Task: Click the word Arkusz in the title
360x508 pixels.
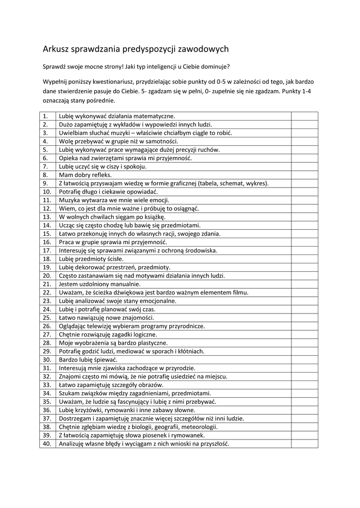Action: [x=56, y=49]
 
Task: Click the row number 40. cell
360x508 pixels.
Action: [x=47, y=444]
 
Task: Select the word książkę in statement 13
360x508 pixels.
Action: [x=154, y=217]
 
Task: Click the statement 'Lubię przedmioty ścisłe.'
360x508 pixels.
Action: [x=91, y=259]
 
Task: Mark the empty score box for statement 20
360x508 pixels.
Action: [x=304, y=276]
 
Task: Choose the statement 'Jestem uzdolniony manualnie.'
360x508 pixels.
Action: [x=99, y=284]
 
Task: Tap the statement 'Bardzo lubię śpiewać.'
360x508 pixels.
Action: [x=88, y=360]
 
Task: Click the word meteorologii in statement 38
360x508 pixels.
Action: [x=199, y=427]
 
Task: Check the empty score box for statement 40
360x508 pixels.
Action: [x=304, y=444]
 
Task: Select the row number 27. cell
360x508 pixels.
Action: [x=47, y=335]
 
